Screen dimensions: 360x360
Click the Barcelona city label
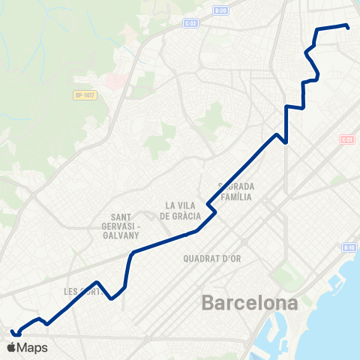250,304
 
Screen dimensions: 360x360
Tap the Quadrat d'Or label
212,259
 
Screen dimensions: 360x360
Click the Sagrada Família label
236,191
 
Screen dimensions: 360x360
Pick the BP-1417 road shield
84,95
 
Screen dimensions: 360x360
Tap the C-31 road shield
346,139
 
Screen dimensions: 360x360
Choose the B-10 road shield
349,247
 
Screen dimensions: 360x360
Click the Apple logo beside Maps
11,347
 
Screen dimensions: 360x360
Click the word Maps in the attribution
33,347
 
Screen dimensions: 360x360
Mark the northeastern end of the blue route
349,28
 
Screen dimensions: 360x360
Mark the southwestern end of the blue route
12,331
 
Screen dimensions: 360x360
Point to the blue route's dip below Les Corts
112,298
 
